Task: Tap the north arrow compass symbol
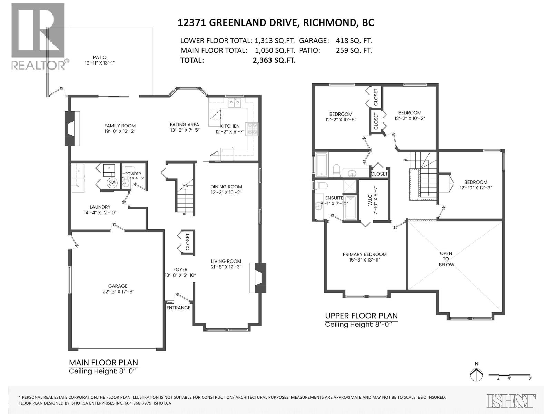[x=476, y=375]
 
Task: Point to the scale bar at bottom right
[x=509, y=375]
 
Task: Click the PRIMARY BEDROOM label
[x=365, y=254]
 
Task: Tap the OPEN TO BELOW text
[x=446, y=259]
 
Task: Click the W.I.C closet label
[x=370, y=204]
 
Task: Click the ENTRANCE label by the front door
[x=178, y=308]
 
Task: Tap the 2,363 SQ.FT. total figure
[x=274, y=60]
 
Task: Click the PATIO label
[x=100, y=57]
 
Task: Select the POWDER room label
[x=133, y=174]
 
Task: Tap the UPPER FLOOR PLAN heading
[x=361, y=316]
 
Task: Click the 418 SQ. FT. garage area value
[x=354, y=41]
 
